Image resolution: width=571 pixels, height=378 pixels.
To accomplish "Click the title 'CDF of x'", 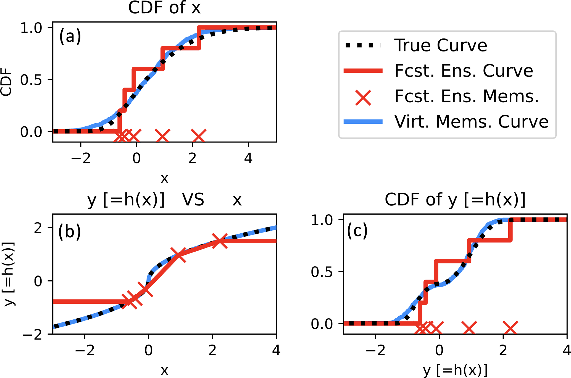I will click(x=164, y=8).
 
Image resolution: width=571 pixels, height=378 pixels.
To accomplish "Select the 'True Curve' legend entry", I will click(x=440, y=45).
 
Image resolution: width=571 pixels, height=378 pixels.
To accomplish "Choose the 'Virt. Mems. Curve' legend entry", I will click(x=471, y=122).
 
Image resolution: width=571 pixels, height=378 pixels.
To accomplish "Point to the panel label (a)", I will click(x=70, y=36).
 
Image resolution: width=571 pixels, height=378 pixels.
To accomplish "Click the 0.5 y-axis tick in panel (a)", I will click(x=31, y=80).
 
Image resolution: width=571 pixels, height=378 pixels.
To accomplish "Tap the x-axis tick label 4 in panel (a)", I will click(x=248, y=158).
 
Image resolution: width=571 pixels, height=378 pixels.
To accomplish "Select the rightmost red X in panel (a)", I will click(x=199, y=136).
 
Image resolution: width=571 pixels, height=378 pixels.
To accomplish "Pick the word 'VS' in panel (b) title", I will click(x=193, y=200).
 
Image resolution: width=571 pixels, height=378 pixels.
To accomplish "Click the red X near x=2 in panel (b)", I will click(x=220, y=241).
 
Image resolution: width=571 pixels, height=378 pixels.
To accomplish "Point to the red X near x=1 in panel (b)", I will click(x=178, y=255).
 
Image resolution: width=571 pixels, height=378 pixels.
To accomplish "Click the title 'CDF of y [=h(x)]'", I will click(x=455, y=200).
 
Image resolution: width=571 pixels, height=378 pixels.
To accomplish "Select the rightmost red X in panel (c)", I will click(x=510, y=328).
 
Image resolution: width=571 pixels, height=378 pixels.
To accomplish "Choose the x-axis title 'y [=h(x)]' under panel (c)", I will click(x=455, y=371).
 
